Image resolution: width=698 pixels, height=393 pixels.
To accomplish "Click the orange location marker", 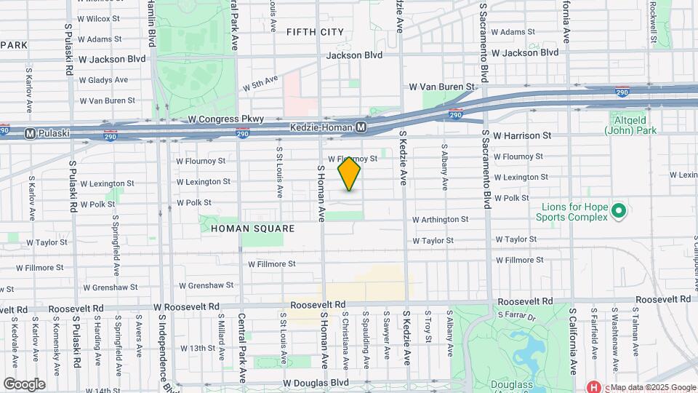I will point(350,174).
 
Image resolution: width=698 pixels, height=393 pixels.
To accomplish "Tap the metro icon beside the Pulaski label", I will point(30,134).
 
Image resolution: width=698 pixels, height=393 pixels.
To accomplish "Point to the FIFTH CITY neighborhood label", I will point(315,32).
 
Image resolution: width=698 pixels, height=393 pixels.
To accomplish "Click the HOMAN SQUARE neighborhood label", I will point(242,229).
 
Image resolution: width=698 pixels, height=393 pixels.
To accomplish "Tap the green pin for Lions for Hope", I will point(619,212).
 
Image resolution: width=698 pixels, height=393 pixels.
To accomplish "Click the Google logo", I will point(24,384).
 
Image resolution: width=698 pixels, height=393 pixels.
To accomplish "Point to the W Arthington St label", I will point(441,219).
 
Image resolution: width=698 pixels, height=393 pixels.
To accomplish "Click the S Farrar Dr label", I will point(516,316).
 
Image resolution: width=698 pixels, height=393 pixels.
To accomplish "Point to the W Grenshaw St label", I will point(206,286).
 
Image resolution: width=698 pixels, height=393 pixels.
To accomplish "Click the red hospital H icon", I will point(593,387).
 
